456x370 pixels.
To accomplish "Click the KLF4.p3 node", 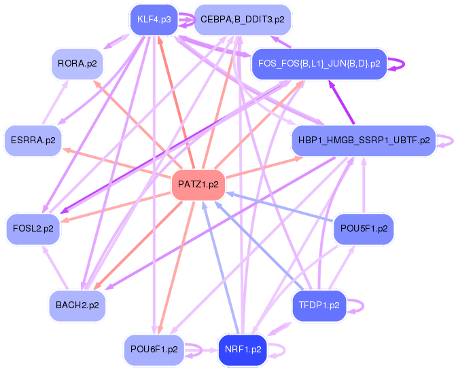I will [154, 19].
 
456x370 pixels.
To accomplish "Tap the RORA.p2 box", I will [77, 64].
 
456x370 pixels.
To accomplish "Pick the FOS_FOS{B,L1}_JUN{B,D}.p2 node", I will [319, 64].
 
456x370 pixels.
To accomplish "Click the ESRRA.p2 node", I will [32, 141].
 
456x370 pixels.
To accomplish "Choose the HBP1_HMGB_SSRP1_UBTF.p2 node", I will [363, 141].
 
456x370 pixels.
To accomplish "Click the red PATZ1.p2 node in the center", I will [198, 185].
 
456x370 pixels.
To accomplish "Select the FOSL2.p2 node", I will [33, 229].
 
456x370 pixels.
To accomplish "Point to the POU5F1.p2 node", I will [363, 229].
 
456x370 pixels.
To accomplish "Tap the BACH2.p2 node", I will [77, 306].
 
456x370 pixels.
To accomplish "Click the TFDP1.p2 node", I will [319, 306].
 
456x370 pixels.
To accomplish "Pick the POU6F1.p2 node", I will [154, 350].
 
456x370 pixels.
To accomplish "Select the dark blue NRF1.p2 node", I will [242, 350].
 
